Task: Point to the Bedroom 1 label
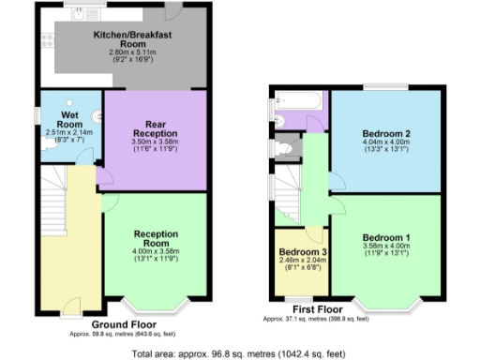click(385, 237)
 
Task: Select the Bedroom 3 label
click(300, 252)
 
